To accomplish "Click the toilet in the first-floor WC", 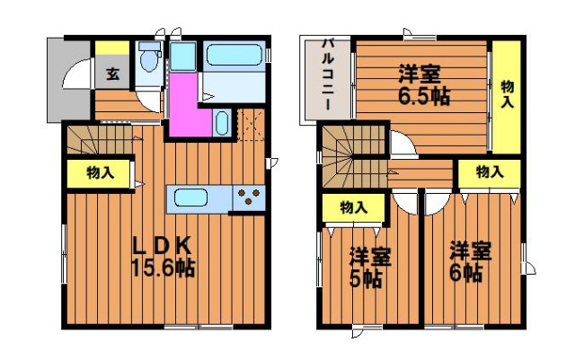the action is pos(149,57).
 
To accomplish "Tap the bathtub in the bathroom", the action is pos(234,55).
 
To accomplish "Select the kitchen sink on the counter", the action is pos(190,198).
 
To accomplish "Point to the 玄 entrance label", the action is pos(113,74).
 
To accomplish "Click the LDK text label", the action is pos(162,246).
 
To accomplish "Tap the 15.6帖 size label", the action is pos(163,268).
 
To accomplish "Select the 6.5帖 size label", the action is pos(423,96).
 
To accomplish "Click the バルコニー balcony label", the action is pos(327,75).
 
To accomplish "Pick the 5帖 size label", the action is pos(366,280).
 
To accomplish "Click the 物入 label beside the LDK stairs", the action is pos(100,172).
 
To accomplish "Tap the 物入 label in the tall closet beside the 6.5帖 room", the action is pos(507,94).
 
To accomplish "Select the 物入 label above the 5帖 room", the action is pos(354,208).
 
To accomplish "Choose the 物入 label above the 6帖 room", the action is pos(490,171).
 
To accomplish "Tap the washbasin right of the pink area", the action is pos(222,123).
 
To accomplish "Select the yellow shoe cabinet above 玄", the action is pos(112,48).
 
